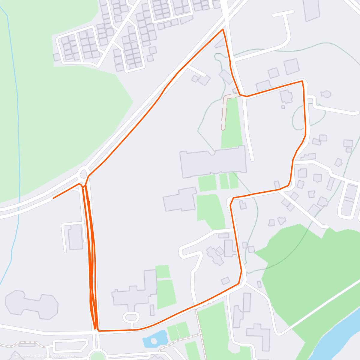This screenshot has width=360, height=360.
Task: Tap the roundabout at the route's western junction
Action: (83, 173)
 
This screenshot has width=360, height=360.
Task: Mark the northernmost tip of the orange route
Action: (223, 29)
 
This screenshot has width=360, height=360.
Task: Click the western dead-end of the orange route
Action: (53, 198)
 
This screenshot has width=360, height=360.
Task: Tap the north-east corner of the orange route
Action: (302, 81)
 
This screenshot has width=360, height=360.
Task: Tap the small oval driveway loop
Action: (131, 316)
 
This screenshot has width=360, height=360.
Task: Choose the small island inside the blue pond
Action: (154, 341)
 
